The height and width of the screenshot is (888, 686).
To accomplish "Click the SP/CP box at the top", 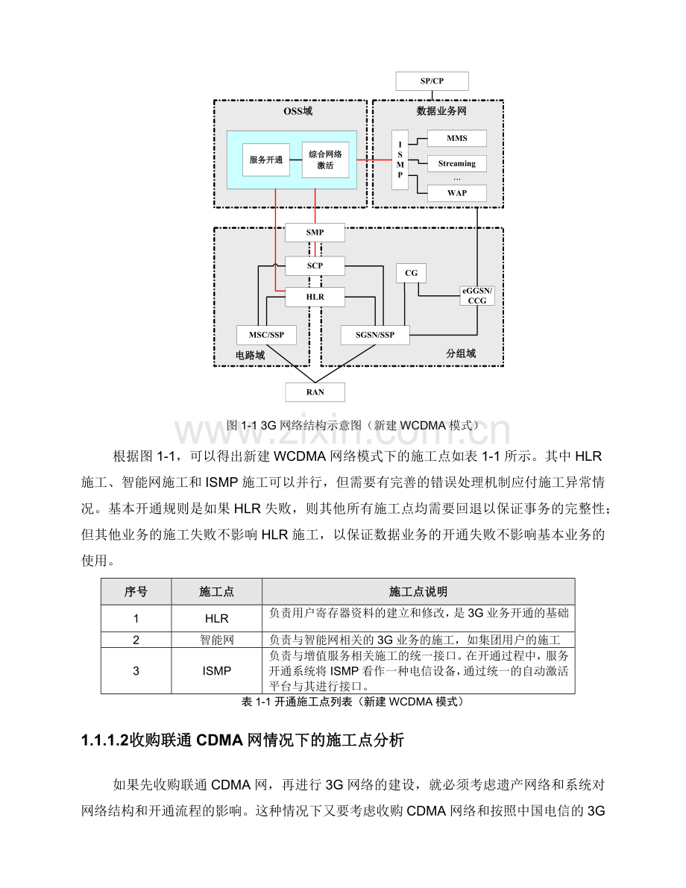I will [432, 81].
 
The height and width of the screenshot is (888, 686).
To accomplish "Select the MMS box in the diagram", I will [456, 139].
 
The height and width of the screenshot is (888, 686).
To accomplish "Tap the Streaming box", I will [456, 163].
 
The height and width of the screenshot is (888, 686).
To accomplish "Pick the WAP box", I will [456, 193].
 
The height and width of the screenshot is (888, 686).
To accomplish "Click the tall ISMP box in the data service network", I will [400, 160].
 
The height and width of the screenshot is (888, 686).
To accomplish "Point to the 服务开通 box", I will [266, 160].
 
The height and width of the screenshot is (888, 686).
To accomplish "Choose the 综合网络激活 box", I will [325, 160].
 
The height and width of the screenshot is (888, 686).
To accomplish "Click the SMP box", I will [315, 233].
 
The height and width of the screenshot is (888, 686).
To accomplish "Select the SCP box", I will [315, 265].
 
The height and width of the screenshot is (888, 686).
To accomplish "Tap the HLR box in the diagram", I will [315, 297].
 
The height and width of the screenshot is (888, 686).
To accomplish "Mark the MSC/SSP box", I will [266, 335].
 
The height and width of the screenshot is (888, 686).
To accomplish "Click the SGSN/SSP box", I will [377, 335].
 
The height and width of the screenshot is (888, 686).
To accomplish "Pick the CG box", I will [411, 273].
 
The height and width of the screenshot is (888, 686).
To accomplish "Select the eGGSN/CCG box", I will [477, 296].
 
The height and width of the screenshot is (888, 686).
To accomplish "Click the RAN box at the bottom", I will [315, 392].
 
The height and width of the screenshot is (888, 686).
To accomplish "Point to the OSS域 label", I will [298, 111].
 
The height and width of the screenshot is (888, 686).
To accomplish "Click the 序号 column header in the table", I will [136, 591].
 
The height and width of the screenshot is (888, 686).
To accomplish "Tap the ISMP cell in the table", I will [216, 671].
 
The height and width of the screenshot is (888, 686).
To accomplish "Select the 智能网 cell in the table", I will [216, 640].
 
